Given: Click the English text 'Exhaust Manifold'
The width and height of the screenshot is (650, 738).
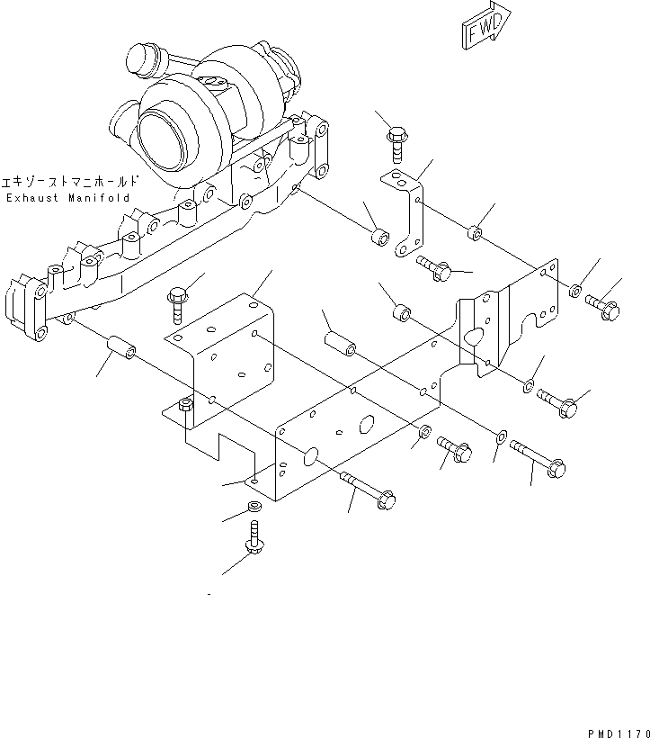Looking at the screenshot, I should point(68,197).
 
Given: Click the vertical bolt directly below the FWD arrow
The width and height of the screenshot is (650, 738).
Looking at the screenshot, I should point(396,144).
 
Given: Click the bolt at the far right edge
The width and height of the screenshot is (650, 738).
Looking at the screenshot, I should point(601,307).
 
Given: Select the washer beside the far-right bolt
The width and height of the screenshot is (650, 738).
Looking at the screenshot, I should point(574,290).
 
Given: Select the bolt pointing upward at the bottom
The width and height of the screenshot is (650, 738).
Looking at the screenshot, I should point(253,545).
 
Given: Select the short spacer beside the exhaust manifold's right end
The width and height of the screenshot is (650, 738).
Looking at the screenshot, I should point(380,239).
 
